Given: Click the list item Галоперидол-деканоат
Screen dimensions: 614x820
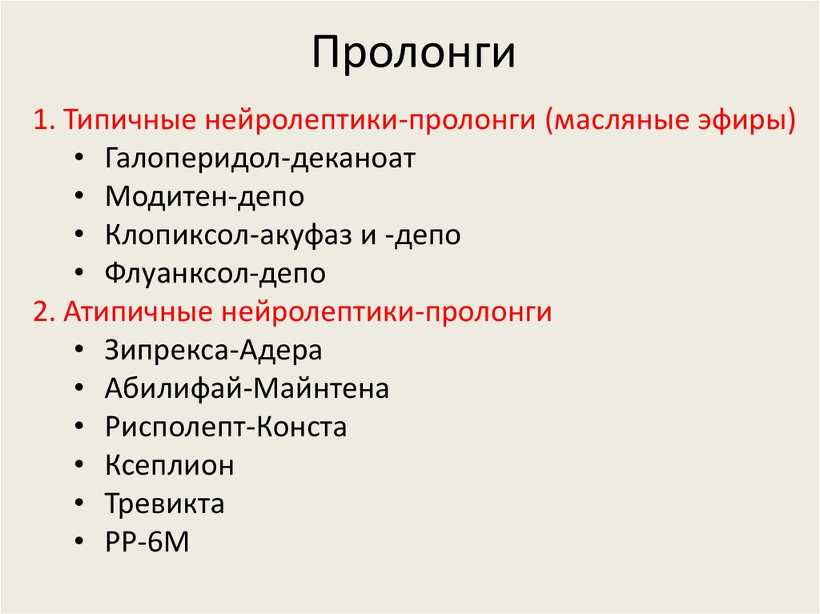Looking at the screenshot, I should coord(260,158).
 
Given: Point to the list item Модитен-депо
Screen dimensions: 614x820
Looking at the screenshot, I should coord(204,196).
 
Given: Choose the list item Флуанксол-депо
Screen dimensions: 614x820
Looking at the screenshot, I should coord(215,274).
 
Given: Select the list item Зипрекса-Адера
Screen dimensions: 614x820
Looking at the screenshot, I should coord(213,350).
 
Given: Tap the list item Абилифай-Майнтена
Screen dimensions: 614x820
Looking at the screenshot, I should coord(247,389).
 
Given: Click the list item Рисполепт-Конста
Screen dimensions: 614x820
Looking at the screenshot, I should coord(226,427).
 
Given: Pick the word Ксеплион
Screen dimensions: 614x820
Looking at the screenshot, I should coord(170,465).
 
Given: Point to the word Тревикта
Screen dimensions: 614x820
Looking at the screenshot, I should coord(164,504).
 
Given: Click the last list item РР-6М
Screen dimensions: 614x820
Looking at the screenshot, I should coord(147,542).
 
